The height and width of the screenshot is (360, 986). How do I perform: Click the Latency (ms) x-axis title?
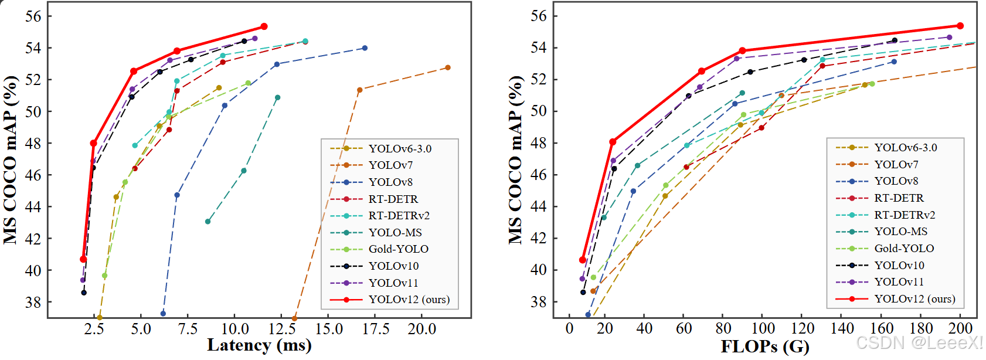tap(259, 345)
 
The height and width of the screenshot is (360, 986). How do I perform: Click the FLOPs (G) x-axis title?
tap(764, 346)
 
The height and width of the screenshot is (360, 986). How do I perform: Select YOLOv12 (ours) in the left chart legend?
tap(409, 300)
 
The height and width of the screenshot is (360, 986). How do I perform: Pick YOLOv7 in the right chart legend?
tap(896, 164)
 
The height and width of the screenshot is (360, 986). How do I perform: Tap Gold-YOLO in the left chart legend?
tap(398, 249)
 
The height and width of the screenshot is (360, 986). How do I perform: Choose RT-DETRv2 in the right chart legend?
tap(905, 215)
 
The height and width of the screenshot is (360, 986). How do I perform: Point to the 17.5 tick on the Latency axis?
tap(375, 329)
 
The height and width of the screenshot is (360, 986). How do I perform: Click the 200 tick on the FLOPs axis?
tap(960, 329)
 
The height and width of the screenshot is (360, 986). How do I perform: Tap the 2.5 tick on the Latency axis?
tap(94, 329)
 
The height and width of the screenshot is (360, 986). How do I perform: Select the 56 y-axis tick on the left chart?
tap(33, 16)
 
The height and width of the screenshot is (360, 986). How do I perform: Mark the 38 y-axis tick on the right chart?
tap(538, 302)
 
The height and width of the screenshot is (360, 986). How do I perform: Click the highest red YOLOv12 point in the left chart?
tap(264, 26)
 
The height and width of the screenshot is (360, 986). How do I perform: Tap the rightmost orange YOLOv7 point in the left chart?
tap(448, 67)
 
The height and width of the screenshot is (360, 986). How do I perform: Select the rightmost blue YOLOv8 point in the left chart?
tap(365, 48)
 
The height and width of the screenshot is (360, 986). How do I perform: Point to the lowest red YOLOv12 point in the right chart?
tap(583, 260)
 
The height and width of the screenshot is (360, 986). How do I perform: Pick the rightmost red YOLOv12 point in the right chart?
tap(960, 26)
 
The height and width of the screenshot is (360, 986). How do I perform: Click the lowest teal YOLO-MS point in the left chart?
tap(208, 222)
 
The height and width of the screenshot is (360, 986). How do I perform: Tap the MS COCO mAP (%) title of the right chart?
tap(515, 159)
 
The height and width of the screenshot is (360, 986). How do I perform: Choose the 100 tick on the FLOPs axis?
tap(763, 329)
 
